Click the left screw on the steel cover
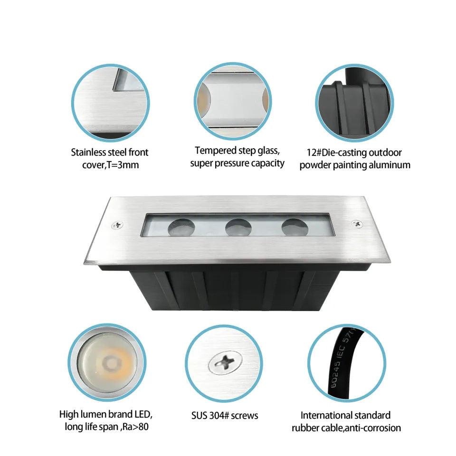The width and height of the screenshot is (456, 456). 117,225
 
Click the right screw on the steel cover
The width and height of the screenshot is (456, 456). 357,224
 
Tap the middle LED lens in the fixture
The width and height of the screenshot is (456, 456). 238,228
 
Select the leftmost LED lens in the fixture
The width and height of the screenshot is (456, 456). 181,228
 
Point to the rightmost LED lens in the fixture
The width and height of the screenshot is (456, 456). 294,227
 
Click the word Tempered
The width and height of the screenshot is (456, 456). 216,151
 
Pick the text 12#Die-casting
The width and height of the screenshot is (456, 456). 337,152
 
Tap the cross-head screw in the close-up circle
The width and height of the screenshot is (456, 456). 225,362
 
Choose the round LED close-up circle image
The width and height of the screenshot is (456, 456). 107,362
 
